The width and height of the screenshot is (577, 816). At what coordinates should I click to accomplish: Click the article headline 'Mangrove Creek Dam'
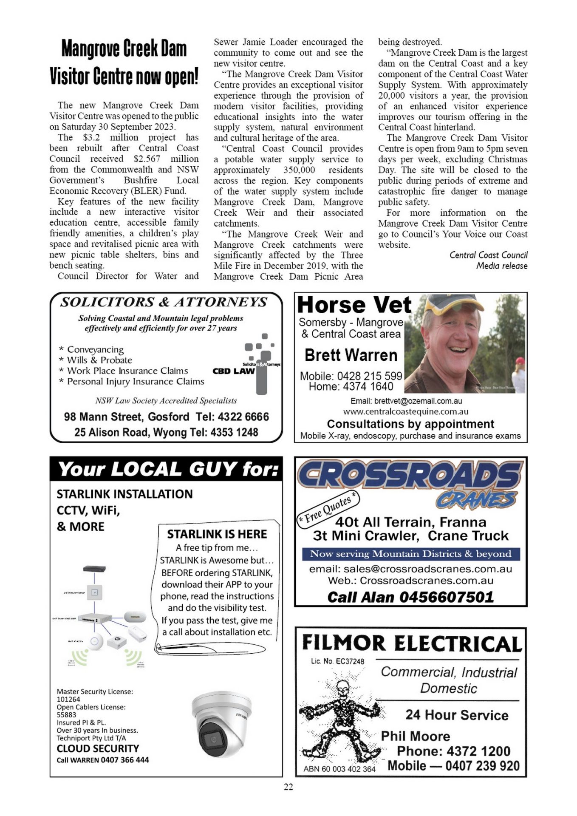124,48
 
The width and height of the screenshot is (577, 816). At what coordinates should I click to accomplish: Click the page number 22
288,787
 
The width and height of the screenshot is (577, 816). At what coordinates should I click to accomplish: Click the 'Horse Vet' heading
354,305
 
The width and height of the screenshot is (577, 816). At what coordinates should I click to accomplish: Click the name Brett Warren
351,355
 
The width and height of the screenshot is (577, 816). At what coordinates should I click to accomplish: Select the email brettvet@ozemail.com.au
406,401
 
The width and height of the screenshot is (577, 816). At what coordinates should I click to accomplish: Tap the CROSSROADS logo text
410,475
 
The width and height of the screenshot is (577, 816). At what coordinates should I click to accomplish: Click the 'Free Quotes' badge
328,509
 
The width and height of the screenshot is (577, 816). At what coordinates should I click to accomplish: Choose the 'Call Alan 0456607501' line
410,597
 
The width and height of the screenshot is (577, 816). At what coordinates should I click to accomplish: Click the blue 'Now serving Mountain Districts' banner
410,554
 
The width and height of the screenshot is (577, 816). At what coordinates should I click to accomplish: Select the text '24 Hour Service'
457,715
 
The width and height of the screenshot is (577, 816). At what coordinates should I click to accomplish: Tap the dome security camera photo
221,724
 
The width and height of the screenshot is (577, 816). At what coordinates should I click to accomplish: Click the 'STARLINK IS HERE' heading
217,534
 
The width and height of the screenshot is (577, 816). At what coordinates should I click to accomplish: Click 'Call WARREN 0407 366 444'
103,760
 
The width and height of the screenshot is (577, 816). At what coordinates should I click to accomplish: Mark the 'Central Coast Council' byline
488,255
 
